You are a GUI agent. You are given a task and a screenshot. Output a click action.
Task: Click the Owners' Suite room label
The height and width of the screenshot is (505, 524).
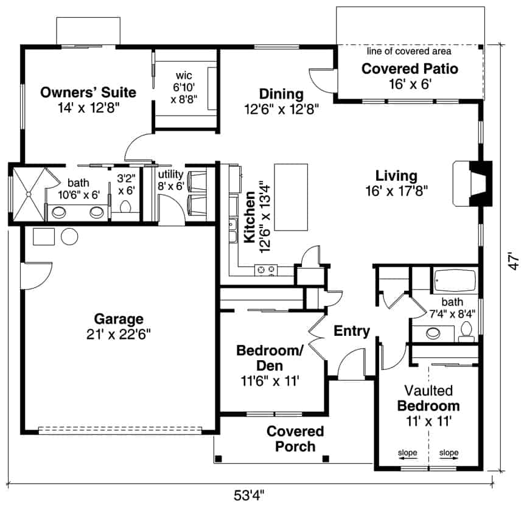point(88,92)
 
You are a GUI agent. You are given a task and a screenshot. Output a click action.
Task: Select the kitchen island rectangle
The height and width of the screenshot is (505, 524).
point(291,197)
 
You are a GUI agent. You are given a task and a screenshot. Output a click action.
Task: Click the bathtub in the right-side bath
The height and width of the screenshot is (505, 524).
point(455,281)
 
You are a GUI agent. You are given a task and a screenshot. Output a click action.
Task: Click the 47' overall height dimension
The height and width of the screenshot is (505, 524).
point(514,262)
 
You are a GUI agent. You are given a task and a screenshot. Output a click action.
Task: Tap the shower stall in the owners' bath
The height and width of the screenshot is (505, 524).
point(29,193)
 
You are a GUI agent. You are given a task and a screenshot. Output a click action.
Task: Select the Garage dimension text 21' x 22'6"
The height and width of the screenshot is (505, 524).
point(119,333)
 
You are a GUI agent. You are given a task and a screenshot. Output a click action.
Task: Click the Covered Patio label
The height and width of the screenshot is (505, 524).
point(410,68)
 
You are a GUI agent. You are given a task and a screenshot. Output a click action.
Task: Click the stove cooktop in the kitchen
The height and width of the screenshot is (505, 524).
point(265,268)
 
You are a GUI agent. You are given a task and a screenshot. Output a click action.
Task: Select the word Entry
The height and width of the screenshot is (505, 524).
point(352,331)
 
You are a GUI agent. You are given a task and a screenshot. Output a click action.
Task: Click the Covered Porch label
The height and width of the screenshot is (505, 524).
point(295,439)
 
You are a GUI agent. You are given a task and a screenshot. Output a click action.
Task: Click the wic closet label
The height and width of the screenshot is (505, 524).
point(184,75)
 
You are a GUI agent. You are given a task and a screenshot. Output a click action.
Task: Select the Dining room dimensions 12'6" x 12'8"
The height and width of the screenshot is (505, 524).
point(281,110)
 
